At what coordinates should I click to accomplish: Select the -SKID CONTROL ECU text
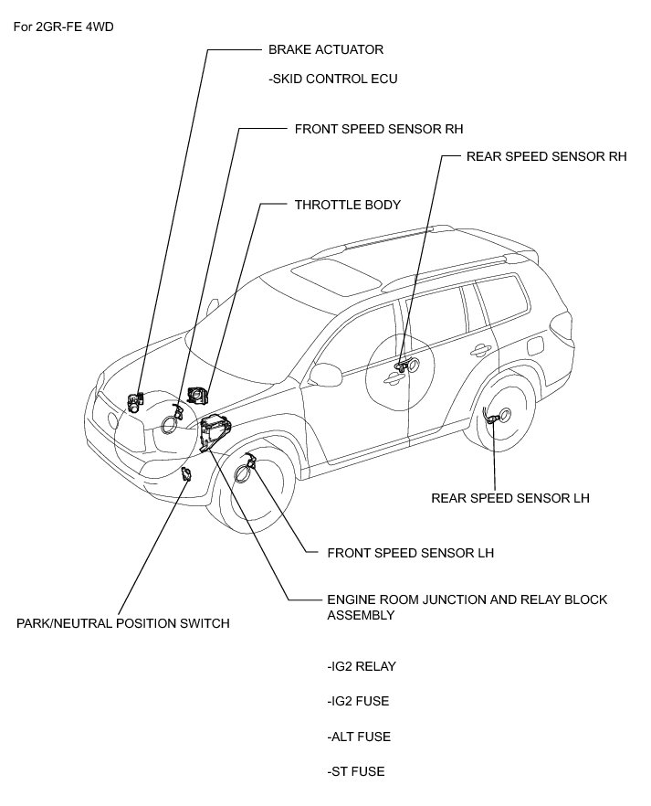pyautogui.click(x=333, y=79)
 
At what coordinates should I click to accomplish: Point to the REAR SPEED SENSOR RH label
pyautogui.click(x=546, y=156)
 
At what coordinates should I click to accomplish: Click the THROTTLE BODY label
pyautogui.click(x=347, y=206)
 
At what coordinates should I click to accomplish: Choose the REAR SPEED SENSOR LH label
pyautogui.click(x=510, y=498)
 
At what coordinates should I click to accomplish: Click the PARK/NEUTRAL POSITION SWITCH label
pyautogui.click(x=123, y=624)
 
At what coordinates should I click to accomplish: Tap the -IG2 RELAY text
pyautogui.click(x=362, y=666)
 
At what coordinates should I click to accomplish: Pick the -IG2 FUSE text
pyautogui.click(x=358, y=701)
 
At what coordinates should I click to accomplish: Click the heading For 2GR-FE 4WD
pyautogui.click(x=64, y=25)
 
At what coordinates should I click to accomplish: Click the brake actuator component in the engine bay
pyautogui.click(x=136, y=400)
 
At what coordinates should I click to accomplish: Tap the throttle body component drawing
pyautogui.click(x=197, y=394)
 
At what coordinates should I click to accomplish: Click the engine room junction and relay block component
pyautogui.click(x=214, y=429)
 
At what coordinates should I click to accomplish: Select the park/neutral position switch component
pyautogui.click(x=185, y=473)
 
